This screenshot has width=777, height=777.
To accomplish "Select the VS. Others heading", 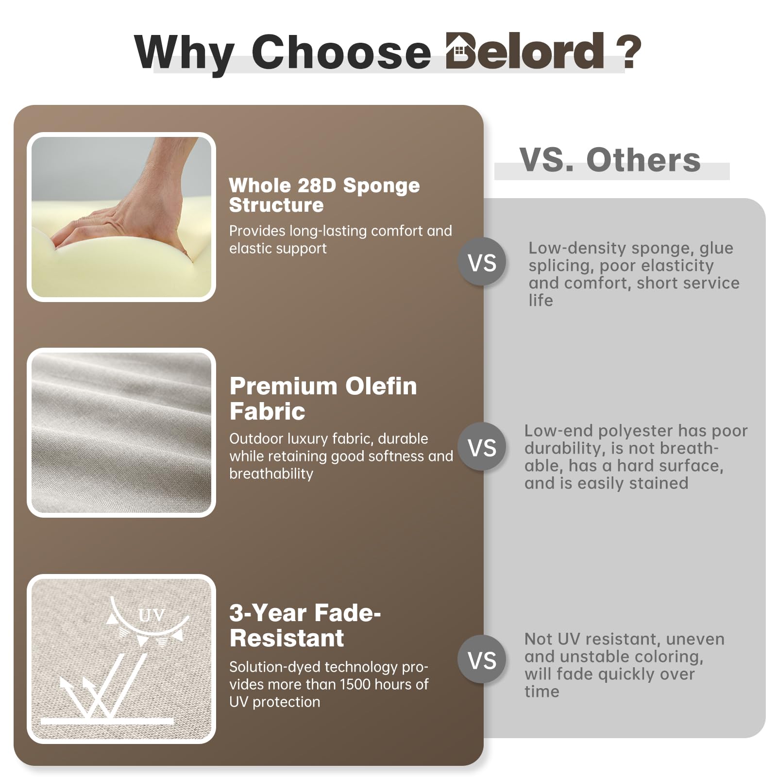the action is (610, 160).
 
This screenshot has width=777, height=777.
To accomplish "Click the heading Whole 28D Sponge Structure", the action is (324, 195).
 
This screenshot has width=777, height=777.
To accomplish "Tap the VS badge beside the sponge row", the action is (482, 262).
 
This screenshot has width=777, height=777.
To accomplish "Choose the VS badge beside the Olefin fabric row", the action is (482, 447).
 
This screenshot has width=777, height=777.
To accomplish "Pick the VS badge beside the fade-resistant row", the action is (482, 659).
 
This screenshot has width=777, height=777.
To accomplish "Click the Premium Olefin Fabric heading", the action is (323, 399).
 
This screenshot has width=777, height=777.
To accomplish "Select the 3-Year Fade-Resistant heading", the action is (305, 625).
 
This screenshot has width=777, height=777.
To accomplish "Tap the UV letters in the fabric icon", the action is (152, 615).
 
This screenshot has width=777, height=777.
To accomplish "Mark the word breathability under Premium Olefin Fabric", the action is (271, 474).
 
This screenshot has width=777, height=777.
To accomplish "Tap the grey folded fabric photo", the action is (121, 432).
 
